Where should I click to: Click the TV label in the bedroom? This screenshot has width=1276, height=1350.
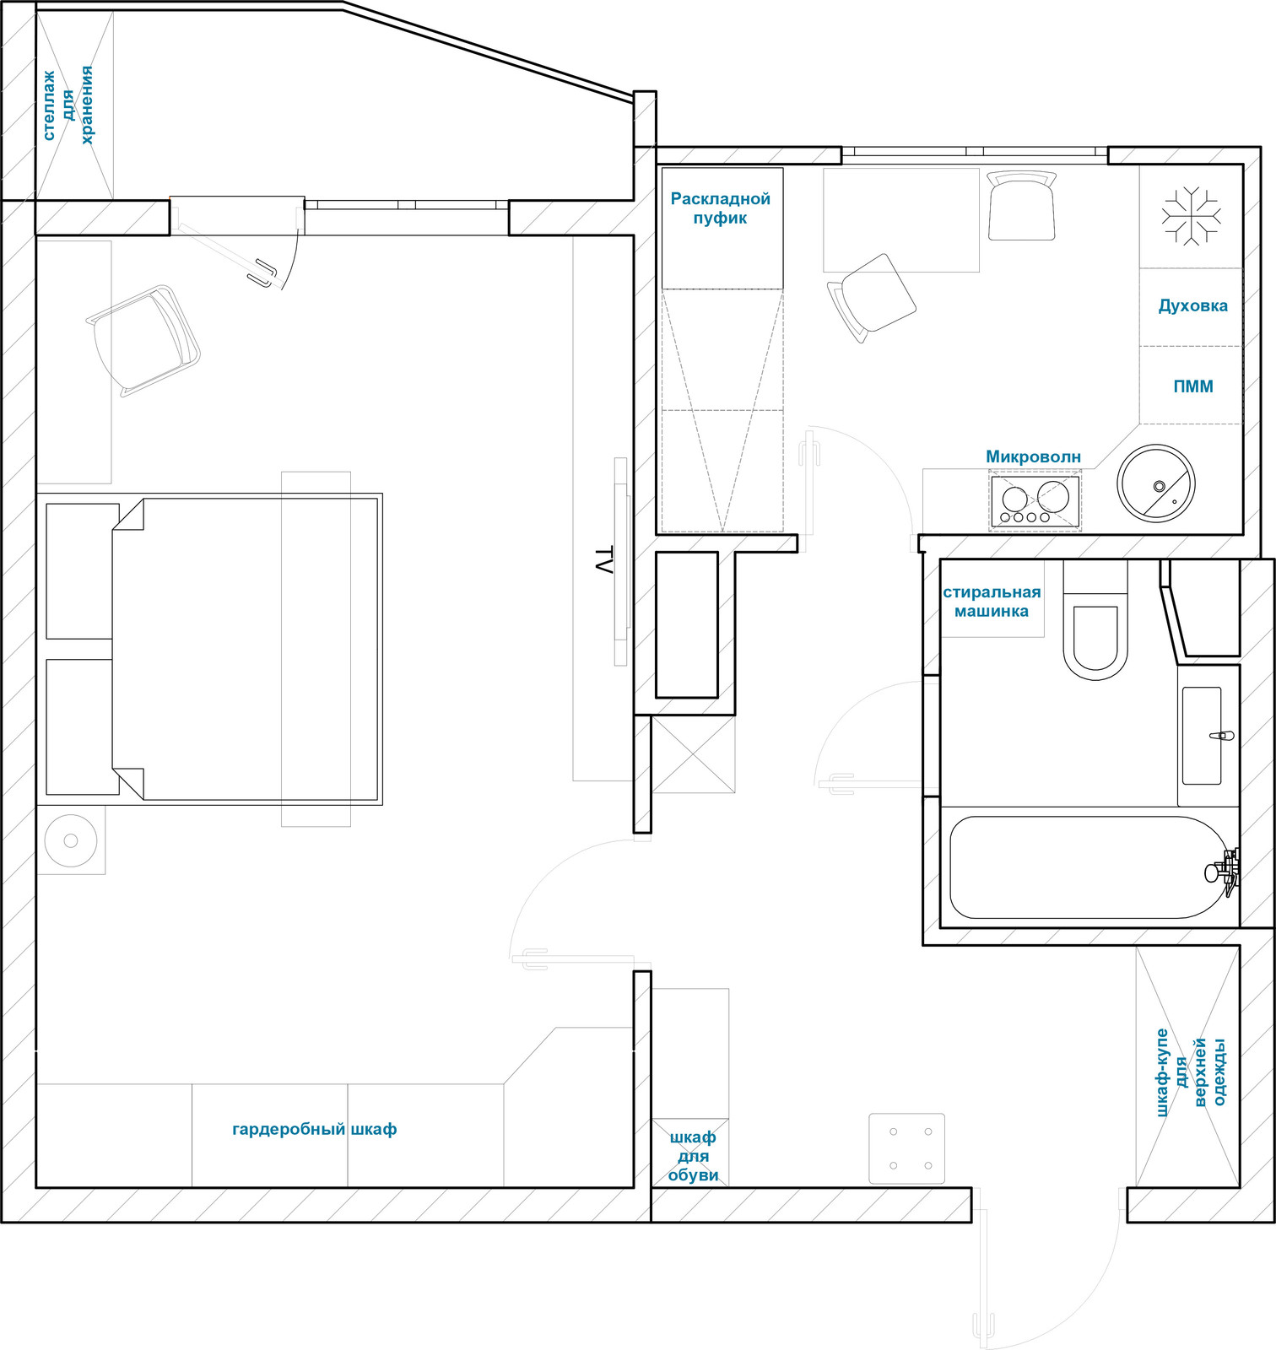tap(603, 561)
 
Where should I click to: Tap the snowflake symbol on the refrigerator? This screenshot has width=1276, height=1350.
tap(1191, 216)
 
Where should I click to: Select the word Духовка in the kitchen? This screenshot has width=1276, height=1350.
tap(1192, 305)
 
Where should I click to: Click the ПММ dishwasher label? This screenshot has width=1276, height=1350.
tap(1193, 386)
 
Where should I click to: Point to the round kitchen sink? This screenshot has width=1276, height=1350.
tap(1155, 483)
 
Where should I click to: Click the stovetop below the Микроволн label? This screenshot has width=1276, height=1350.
tap(1035, 503)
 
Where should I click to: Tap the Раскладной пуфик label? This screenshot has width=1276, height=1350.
tap(720, 208)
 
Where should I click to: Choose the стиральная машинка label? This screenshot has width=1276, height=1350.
tap(992, 602)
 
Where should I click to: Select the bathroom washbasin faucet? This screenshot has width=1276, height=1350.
tap(1222, 736)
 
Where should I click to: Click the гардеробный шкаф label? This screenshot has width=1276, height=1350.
tap(314, 1129)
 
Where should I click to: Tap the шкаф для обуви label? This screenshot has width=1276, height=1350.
tap(693, 1156)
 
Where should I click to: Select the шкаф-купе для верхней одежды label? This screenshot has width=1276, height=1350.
tap(1191, 1072)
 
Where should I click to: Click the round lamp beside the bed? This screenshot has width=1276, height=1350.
tap(71, 840)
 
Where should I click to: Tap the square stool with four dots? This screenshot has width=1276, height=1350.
tap(907, 1148)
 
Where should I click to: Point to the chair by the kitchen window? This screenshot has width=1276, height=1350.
tap(1021, 205)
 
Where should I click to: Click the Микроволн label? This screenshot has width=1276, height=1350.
tap(1033, 456)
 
